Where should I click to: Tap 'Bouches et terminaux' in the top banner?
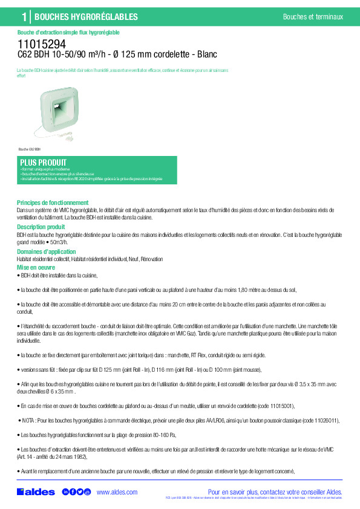tap(312, 17)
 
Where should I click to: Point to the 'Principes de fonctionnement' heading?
tap(53, 203)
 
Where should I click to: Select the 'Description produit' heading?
tap(41, 227)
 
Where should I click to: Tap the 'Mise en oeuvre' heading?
tap(36, 267)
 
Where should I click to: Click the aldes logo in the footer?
tap(36, 492)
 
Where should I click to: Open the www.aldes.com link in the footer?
tap(117, 492)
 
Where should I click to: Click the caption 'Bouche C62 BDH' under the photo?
tap(29, 149)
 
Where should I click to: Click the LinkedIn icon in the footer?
tap(65, 492)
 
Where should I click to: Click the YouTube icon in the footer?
tap(87, 492)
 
